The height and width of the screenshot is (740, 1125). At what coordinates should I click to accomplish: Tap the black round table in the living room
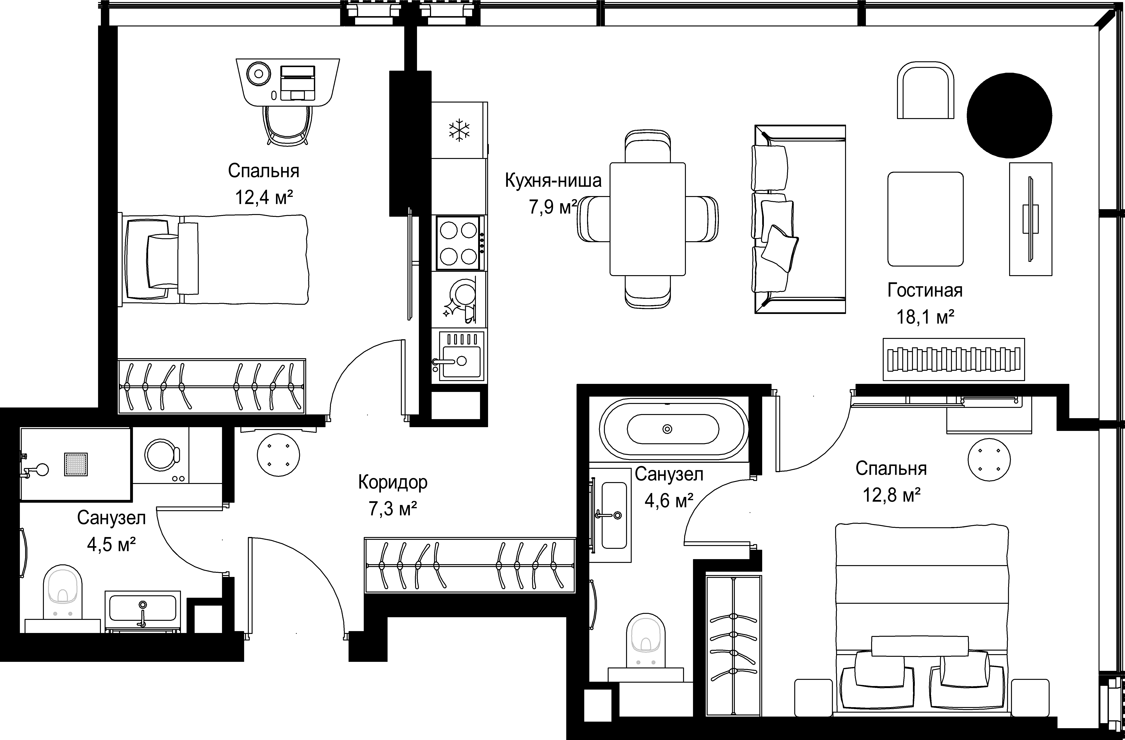click(1009, 115)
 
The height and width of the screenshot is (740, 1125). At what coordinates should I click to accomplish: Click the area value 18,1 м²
click(925, 317)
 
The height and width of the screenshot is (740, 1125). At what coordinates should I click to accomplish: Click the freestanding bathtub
click(673, 429)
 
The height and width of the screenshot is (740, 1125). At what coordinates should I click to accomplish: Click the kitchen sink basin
click(461, 362)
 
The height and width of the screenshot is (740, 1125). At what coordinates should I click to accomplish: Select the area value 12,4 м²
click(264, 197)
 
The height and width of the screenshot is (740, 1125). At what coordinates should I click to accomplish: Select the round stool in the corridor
click(278, 455)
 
